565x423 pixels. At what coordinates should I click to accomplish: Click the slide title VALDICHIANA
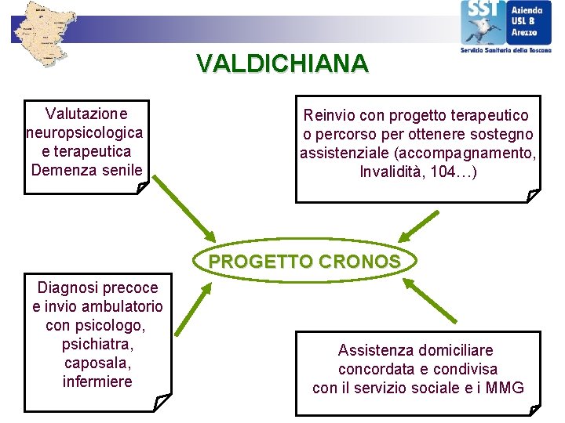(x=282, y=63)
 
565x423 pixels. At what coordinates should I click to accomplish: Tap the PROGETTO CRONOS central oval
(x=304, y=262)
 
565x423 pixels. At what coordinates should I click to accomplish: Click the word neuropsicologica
(x=85, y=132)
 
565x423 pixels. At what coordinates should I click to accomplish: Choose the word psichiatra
(x=97, y=345)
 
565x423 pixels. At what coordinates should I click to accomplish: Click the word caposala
(x=97, y=363)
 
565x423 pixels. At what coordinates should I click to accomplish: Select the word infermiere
(x=97, y=382)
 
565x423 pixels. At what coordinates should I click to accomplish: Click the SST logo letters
(x=479, y=11)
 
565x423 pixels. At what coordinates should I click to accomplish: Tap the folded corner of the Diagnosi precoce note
(x=162, y=403)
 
